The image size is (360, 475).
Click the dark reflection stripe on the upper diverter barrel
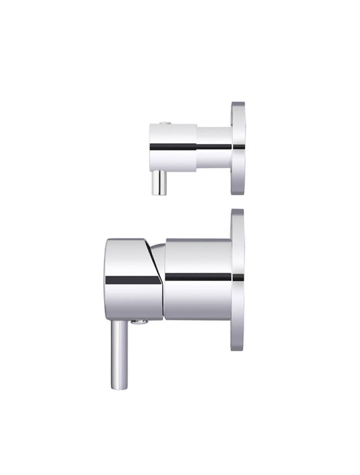click(173, 147)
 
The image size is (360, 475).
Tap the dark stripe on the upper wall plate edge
click(238, 147)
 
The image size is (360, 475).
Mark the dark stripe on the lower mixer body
click(198, 277)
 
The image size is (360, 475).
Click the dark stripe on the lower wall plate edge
click(238, 277)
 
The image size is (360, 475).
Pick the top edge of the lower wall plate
click(237, 211)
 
